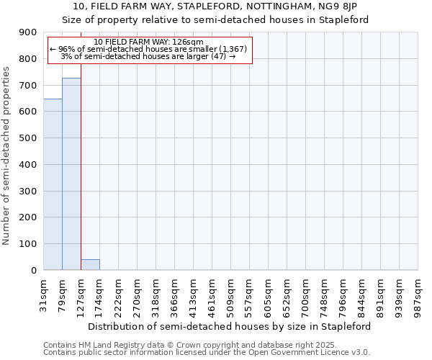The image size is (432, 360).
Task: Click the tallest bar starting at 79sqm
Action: pyautogui.click(x=71, y=174)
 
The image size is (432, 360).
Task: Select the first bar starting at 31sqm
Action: pyautogui.click(x=53, y=184)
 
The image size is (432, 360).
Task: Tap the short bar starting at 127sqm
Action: pyautogui.click(x=90, y=265)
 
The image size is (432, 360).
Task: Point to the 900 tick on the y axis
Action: pyautogui.click(x=29, y=32)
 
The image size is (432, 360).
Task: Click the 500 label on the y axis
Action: pyautogui.click(x=29, y=138)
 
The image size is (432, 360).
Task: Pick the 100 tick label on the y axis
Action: pyautogui.click(x=29, y=244)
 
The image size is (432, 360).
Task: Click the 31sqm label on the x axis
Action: pyautogui.click(x=44, y=292)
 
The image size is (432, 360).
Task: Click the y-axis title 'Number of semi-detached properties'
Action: pyautogui.click(x=7, y=156)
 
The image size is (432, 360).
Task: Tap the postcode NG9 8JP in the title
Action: pyautogui.click(x=348, y=6)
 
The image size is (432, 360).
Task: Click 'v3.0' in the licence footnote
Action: pyautogui.click(x=360, y=353)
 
